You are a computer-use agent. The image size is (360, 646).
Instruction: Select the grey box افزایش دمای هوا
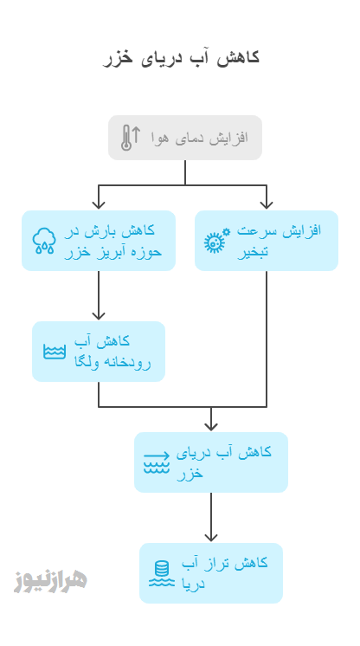point(185,138)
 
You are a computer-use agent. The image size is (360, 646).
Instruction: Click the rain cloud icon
point(44,241)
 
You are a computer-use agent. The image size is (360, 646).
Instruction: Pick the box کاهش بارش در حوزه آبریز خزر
point(99,241)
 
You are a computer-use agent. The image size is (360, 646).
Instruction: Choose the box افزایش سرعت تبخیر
point(267,241)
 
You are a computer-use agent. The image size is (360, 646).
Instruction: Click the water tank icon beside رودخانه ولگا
point(55,352)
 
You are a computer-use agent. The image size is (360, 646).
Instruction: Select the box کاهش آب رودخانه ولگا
point(99,352)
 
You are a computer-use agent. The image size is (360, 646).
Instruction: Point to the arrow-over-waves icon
point(157,462)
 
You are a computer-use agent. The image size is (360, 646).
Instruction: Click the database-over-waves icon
point(162,573)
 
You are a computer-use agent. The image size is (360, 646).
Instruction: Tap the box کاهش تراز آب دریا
point(211,573)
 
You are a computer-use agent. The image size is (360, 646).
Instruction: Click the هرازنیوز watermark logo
point(50,581)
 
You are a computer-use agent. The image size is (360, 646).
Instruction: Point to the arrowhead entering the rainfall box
point(99,205)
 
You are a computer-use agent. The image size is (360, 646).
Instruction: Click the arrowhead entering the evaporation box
point(267,205)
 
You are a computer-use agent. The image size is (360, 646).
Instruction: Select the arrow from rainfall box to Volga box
point(99,295)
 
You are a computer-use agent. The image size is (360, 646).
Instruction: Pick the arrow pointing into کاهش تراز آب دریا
point(211,517)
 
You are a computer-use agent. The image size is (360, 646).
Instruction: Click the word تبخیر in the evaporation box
point(253,251)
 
